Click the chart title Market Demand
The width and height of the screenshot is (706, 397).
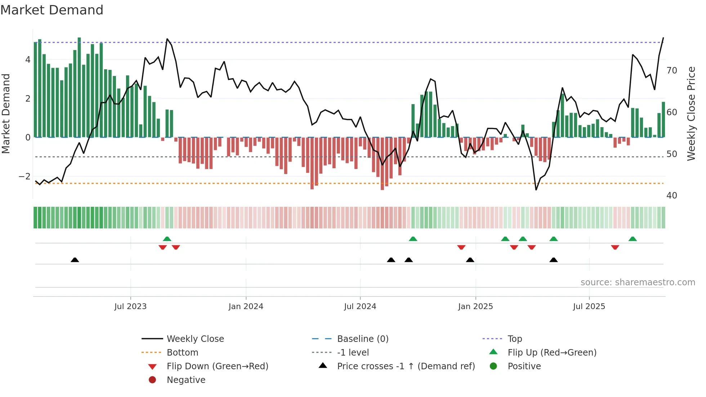(52, 10)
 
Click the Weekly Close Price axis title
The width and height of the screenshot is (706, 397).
(691, 114)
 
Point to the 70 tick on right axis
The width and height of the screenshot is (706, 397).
(672, 71)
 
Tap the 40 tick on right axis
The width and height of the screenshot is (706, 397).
(672, 196)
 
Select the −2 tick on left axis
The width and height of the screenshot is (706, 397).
(24, 177)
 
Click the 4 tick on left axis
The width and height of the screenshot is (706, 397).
(28, 60)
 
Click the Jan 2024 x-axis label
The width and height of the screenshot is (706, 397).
(246, 307)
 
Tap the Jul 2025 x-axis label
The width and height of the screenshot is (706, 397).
(589, 307)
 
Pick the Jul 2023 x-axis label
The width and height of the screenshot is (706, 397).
(130, 307)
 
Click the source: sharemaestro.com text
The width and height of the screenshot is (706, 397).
(638, 282)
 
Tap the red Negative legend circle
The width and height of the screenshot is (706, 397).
(152, 380)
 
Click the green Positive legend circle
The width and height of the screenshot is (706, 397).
(493, 366)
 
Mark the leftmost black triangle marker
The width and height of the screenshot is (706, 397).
(75, 260)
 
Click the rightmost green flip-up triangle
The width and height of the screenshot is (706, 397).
(633, 239)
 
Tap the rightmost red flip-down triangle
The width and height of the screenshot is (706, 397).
(615, 247)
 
